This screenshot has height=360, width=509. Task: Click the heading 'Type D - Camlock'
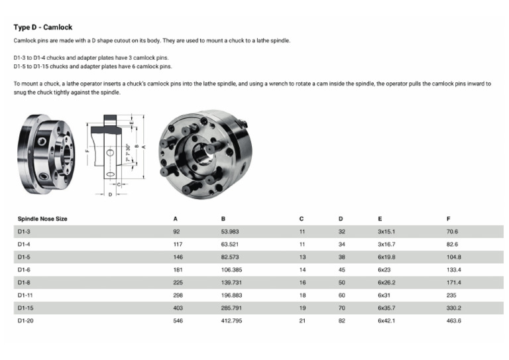42,27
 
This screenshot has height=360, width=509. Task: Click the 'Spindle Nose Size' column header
42,219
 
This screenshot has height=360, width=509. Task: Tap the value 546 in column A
178,320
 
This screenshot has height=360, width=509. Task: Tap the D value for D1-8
341,282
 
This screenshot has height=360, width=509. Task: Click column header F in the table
449,219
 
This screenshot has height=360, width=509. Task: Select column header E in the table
379,219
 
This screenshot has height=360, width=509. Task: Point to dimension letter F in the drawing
87,150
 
